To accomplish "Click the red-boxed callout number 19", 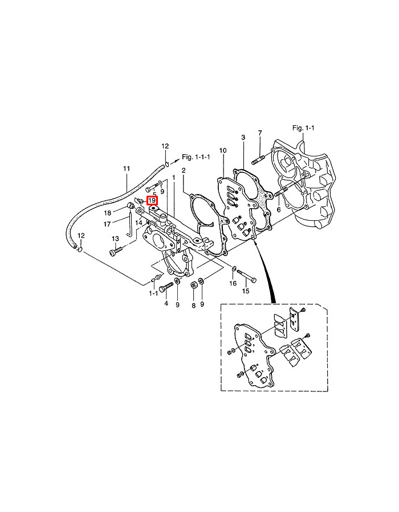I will [152, 200].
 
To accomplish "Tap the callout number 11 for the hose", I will [127, 168].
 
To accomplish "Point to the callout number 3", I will [243, 138].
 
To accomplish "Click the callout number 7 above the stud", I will [260, 133].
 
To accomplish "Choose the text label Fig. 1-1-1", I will [196, 156].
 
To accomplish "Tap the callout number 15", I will [246, 291].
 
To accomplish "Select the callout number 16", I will [233, 283].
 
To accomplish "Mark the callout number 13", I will [115, 238].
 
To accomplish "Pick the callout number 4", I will [166, 304].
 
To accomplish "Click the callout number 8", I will [193, 305].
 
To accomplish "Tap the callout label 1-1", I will [153, 294].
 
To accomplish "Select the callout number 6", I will [279, 209].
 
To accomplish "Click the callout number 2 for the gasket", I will [184, 170].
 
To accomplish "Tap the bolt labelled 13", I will [116, 250].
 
